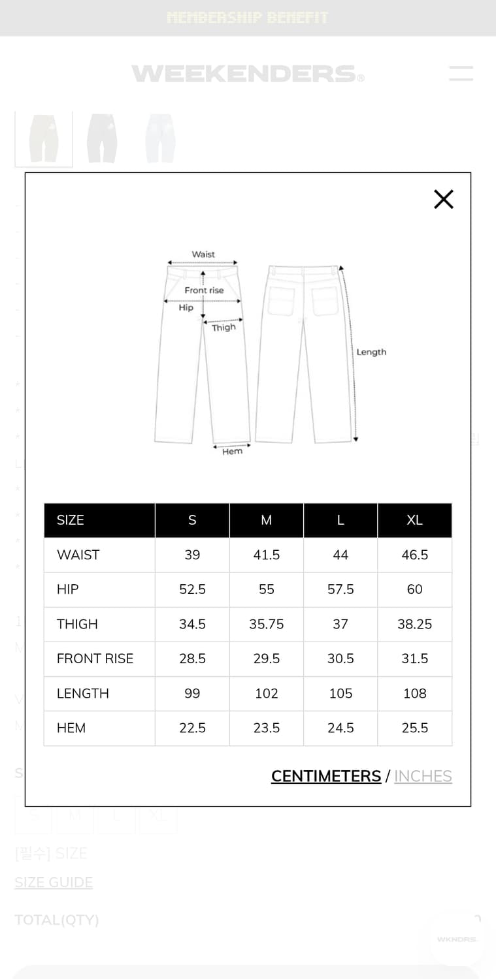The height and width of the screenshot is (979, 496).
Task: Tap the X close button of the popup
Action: coord(444,199)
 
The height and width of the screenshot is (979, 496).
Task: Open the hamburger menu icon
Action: coord(461,73)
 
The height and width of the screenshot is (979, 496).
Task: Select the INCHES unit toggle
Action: coord(423,776)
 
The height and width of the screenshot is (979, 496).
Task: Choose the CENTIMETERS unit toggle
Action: coord(326,776)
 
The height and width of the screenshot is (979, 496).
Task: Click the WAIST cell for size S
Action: coord(192,555)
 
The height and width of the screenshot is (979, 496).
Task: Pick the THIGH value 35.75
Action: coord(267,624)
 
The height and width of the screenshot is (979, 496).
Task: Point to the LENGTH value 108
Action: coord(415,693)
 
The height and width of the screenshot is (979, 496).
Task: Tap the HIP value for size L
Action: coord(340,589)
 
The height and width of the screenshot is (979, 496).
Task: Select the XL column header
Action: coord(415,520)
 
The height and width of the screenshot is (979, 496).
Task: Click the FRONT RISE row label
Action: coord(95,659)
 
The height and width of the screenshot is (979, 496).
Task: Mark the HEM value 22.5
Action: coord(192,728)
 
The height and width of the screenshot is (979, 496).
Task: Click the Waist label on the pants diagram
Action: coord(203,255)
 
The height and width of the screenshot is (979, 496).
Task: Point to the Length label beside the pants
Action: coord(371,352)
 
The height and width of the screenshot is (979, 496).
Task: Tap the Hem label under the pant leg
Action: coord(232,452)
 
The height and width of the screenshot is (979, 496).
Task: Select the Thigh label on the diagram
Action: coord(223,328)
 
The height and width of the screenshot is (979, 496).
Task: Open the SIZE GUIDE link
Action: coord(54,882)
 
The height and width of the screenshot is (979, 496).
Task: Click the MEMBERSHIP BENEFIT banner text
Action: coord(248,18)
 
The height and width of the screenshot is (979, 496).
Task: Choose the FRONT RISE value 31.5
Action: coord(415,659)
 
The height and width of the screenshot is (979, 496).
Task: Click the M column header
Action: coord(267,520)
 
